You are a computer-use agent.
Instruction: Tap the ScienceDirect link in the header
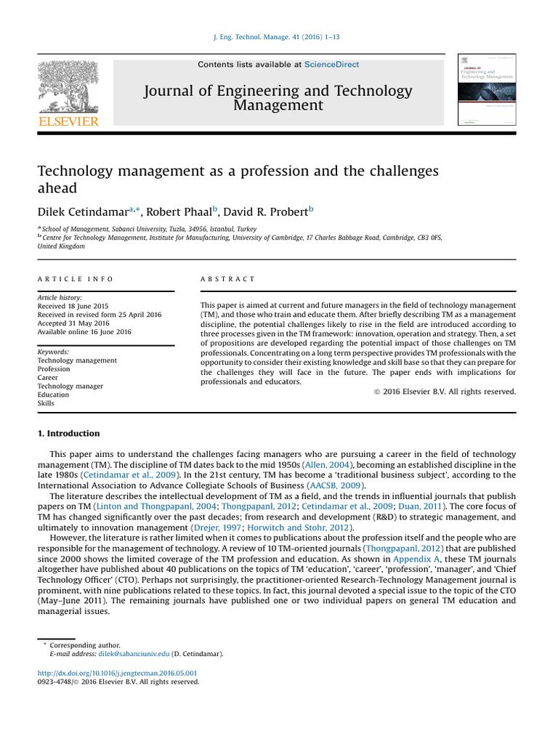pos(331,65)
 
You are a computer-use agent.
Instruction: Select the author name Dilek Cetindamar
pos(82,212)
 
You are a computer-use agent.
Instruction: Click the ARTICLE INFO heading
pos(75,279)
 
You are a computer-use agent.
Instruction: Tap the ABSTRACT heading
pos(227,279)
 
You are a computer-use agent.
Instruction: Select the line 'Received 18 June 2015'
pos(73,306)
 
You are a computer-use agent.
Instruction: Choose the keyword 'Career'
pos(48,378)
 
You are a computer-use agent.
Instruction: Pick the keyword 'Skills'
pos(46,403)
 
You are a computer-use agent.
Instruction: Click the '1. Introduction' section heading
pos(68,434)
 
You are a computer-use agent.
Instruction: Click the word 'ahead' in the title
pos(57,187)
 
